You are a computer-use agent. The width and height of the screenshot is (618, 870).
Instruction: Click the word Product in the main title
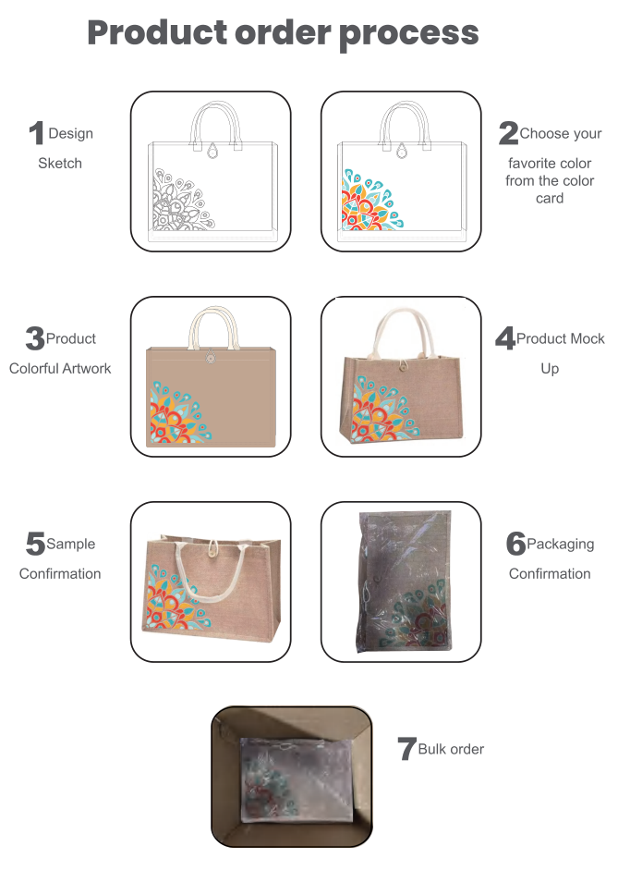click(x=157, y=32)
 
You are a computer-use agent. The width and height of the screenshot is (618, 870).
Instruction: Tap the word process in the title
click(x=408, y=35)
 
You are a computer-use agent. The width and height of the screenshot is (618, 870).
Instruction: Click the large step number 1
click(x=37, y=133)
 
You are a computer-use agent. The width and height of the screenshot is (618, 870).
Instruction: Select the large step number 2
click(x=508, y=133)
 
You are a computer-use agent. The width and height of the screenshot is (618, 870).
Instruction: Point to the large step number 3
click(x=35, y=338)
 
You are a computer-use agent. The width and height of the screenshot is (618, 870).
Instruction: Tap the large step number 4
click(x=505, y=338)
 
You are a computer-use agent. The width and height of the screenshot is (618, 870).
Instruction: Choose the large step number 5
click(x=35, y=544)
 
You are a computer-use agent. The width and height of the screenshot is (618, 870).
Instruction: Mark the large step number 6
click(x=515, y=544)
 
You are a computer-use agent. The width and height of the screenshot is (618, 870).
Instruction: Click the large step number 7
click(x=406, y=749)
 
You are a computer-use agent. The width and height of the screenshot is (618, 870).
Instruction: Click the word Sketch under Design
click(x=60, y=164)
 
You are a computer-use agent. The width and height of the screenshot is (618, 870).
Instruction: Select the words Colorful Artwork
click(x=60, y=369)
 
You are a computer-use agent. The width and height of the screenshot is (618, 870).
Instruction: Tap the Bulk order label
click(x=451, y=750)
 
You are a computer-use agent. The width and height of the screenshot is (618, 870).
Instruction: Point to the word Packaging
click(x=561, y=545)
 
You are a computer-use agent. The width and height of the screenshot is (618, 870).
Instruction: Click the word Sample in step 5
click(x=71, y=545)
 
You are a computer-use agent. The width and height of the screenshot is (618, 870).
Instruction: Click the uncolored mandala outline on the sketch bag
click(x=182, y=199)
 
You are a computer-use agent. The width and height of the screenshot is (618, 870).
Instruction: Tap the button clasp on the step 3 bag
click(x=210, y=357)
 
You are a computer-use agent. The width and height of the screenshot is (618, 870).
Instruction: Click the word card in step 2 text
click(x=550, y=199)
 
